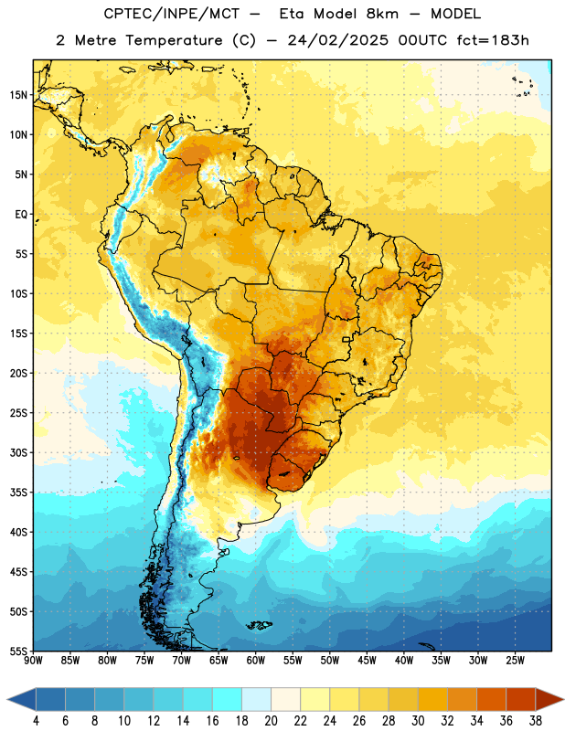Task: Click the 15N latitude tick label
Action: coord(18,95)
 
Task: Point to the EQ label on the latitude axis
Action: coord(21,215)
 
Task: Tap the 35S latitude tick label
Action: coord(18,493)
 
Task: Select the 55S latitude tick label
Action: coord(18,651)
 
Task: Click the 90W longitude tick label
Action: coord(33,661)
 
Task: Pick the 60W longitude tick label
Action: coord(256,661)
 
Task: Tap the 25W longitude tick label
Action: coord(515,661)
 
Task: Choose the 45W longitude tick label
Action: coord(367,661)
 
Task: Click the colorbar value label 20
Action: coord(271,721)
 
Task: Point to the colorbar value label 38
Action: coord(535,721)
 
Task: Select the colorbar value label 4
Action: coord(36,721)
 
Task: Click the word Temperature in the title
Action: coord(174,40)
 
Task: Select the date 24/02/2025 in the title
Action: coord(337,40)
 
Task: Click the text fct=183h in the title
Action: coord(493,40)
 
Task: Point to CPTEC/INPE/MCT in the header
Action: coord(171,14)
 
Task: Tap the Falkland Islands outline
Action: coord(260,625)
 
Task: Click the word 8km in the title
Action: coord(382,14)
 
